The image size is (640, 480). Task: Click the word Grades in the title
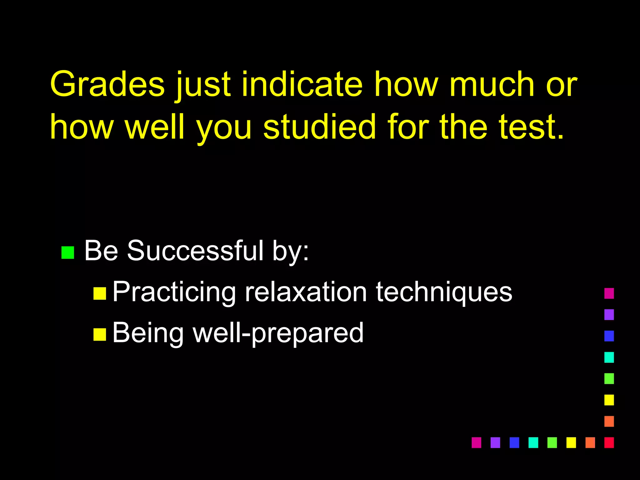coord(107,84)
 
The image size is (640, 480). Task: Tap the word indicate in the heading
coord(302,84)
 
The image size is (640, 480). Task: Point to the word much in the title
coord(492,84)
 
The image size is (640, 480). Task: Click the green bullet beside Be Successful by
coord(68,252)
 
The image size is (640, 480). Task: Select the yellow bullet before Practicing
coord(100,293)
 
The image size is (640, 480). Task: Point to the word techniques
coord(444,292)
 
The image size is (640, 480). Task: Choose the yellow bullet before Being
coord(100,334)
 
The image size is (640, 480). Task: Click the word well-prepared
coord(278,333)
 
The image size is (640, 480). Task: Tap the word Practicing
coord(174,292)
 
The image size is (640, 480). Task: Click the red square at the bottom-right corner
coord(609,442)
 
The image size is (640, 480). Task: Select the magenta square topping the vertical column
coord(609,293)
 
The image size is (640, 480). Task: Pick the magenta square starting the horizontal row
coord(476,442)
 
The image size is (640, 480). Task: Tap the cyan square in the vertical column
coord(609,357)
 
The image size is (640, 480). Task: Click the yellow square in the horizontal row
coord(571,442)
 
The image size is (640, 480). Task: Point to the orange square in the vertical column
coord(609,421)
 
